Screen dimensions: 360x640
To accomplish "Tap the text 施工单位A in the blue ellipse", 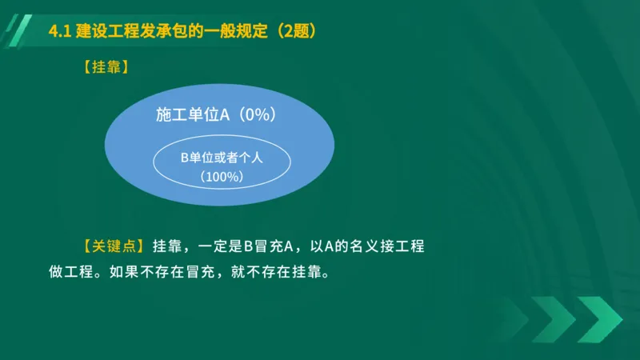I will click(193, 115).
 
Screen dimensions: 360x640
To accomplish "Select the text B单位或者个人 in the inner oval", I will click(222, 158).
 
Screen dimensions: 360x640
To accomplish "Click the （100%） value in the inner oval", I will click(222, 176).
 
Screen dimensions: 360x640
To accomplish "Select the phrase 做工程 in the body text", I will click(66, 272).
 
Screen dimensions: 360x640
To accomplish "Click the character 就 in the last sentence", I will click(238, 272).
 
